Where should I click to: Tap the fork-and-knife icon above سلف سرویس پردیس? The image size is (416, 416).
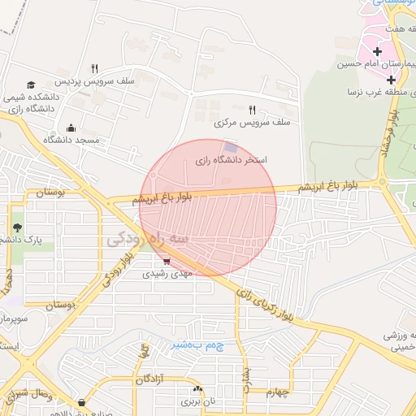pyautogui.click(x=94, y=69)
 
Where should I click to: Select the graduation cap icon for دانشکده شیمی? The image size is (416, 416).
pyautogui.click(x=31, y=85)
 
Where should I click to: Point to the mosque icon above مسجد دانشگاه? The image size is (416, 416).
pyautogui.click(x=71, y=128)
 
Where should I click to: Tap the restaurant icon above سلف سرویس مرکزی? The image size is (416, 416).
pyautogui.click(x=252, y=110)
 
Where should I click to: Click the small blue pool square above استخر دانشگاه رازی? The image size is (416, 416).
pyautogui.click(x=232, y=147)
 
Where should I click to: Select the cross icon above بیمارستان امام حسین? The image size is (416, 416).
pyautogui.click(x=377, y=51)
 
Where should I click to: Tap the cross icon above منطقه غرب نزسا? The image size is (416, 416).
pyautogui.click(x=391, y=80)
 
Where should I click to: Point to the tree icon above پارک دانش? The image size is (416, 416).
pyautogui.click(x=17, y=226)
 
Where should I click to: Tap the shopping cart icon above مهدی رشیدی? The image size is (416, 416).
pyautogui.click(x=167, y=261)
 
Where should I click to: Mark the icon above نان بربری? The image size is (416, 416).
pyautogui.click(x=198, y=389)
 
